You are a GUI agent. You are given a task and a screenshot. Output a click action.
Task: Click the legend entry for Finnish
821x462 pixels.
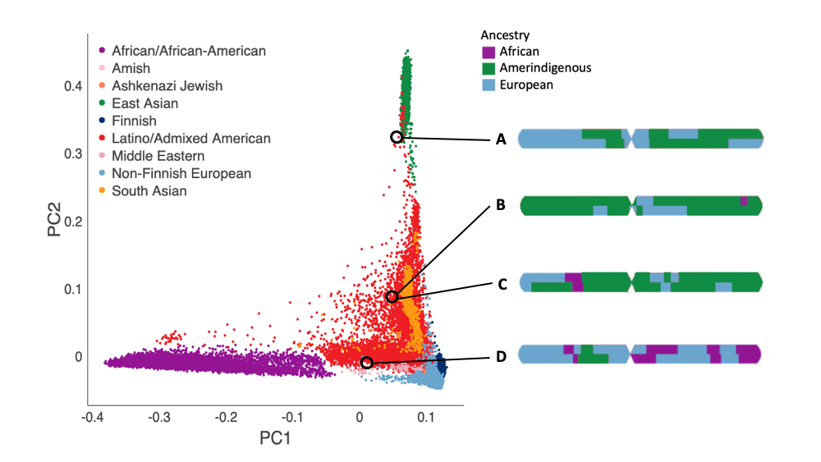tap(135, 121)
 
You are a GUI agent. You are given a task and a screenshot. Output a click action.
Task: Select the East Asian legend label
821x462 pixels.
tap(145, 103)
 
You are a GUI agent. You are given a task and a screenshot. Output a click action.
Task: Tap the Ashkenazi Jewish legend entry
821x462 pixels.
tap(167, 85)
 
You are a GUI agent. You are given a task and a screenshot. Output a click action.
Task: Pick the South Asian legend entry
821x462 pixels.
tap(149, 191)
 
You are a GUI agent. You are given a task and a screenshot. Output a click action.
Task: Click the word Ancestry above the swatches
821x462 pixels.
tap(505, 35)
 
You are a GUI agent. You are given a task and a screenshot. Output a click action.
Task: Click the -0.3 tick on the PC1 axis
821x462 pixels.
tap(159, 418)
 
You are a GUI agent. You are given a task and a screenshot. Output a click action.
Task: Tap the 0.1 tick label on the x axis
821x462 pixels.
tap(426, 418)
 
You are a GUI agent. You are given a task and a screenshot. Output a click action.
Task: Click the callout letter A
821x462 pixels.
tap(499, 140)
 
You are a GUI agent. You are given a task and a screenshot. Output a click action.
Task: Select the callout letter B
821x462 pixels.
tap(499, 206)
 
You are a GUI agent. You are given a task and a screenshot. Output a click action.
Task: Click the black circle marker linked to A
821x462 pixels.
tap(397, 137)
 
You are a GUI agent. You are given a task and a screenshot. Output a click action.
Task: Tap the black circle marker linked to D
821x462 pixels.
tap(366, 362)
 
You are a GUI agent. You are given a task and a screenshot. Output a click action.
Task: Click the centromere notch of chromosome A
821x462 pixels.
tap(631, 138)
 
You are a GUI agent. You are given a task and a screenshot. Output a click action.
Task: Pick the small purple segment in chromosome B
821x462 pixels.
tap(744, 200)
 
